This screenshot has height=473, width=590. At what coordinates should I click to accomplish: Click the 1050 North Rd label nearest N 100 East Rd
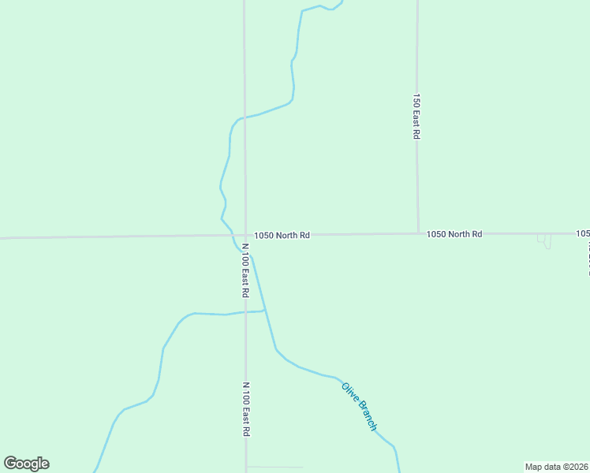[x=282, y=235]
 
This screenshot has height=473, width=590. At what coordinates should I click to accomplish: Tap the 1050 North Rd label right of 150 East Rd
[x=454, y=234]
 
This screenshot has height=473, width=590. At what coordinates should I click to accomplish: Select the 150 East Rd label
[x=416, y=117]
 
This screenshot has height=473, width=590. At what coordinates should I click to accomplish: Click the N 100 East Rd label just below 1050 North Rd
[x=246, y=270]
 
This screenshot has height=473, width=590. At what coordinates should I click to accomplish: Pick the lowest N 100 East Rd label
[x=246, y=409]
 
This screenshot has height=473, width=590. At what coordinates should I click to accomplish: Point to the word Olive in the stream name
[x=349, y=391]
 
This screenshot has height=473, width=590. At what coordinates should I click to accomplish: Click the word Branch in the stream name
[x=368, y=415]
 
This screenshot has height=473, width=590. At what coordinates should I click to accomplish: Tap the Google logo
[x=27, y=464]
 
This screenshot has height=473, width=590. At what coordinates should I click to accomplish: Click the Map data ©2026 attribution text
[x=556, y=466]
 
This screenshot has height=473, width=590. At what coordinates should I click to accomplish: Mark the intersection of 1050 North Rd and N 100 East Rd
[x=245, y=235]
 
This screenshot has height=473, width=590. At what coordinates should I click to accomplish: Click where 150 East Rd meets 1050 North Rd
[x=417, y=233]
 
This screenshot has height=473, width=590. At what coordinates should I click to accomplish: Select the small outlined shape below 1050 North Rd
[x=544, y=240]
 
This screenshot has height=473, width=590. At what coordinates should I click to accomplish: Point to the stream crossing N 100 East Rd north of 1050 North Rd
[x=245, y=117]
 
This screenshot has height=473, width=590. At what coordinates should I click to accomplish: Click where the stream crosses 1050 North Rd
[x=232, y=235]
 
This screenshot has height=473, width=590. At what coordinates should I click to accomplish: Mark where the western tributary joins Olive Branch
[x=265, y=311]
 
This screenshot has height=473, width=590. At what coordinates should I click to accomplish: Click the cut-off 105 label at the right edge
[x=583, y=233]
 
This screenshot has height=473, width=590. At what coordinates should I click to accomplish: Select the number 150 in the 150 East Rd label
[x=416, y=100]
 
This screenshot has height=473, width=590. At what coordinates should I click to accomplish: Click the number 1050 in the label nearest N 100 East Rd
[x=263, y=235]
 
